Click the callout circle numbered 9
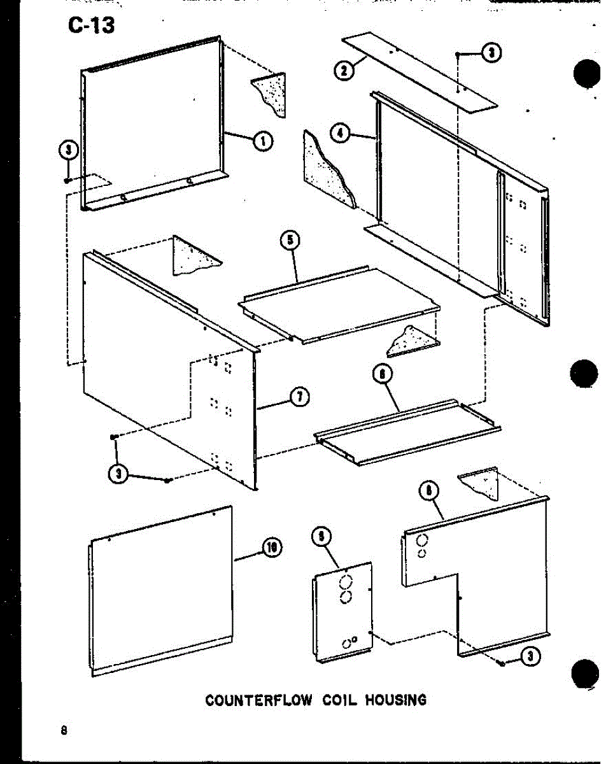point(321,539)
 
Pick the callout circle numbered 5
point(290,241)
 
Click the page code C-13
point(89,26)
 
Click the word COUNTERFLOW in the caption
point(258,700)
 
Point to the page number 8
point(64,730)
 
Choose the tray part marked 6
point(407,433)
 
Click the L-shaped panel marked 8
point(503,573)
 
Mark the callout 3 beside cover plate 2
point(490,54)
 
